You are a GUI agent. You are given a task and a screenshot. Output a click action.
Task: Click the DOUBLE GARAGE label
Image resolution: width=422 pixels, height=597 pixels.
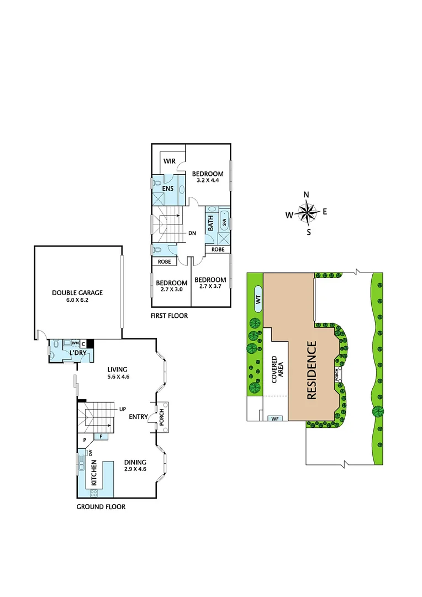point(77,293)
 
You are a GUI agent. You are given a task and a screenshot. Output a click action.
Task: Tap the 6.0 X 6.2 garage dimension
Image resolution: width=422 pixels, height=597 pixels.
point(77,300)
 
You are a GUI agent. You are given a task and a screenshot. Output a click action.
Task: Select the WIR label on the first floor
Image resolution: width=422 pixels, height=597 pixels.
point(170,161)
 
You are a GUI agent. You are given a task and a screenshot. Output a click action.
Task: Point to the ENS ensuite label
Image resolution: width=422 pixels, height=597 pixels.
point(168,188)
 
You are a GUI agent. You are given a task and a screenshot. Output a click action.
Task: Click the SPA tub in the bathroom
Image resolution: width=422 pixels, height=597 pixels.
point(224,223)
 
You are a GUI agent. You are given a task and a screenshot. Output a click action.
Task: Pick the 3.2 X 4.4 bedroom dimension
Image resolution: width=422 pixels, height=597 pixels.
point(208,180)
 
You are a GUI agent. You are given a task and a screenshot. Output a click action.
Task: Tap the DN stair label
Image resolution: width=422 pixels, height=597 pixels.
point(192,233)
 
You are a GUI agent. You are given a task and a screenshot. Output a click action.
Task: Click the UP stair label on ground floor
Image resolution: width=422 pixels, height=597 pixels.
point(123,409)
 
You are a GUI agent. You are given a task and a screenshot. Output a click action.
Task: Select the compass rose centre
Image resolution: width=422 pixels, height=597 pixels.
point(307,213)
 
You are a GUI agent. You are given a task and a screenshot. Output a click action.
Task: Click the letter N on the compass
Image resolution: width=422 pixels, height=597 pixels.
point(307,195)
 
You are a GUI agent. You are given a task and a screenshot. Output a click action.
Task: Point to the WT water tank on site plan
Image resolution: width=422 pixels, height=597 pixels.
point(258,299)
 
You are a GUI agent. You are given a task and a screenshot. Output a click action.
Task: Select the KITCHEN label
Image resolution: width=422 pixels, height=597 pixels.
point(94,472)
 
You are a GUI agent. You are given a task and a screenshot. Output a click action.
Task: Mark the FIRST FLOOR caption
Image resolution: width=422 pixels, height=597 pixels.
point(169,316)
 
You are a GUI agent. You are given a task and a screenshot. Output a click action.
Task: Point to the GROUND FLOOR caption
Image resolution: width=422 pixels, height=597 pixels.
point(101,506)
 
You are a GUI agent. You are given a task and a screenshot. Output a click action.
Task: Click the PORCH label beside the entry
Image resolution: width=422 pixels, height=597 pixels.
point(162,417)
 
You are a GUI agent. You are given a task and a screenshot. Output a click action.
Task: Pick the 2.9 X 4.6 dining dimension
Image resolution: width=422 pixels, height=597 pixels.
point(135,469)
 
